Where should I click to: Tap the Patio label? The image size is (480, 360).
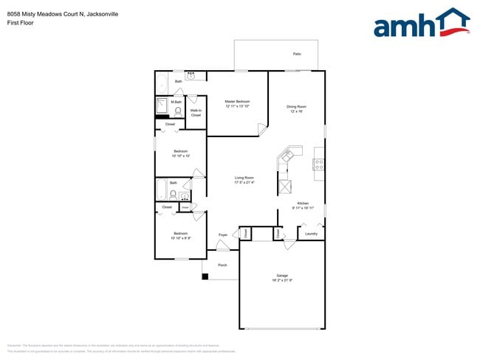pyautogui.click(x=297, y=54)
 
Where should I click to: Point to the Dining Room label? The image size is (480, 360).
pyautogui.click(x=296, y=107)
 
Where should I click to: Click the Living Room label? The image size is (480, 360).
pyautogui.click(x=244, y=178)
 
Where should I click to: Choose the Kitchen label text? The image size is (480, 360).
pyautogui.click(x=303, y=204)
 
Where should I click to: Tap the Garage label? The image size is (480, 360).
pyautogui.click(x=281, y=276)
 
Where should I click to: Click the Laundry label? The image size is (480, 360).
pyautogui.click(x=311, y=235)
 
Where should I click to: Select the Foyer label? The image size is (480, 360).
pyautogui.click(x=223, y=235)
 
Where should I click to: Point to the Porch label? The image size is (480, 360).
pyautogui.click(x=222, y=265)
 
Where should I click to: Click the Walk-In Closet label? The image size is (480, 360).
pyautogui.click(x=196, y=113)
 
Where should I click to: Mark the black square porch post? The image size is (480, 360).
pyautogui.click(x=206, y=277)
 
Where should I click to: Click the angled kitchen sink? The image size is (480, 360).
pyautogui.click(x=287, y=156)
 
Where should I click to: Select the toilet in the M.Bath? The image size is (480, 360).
pyautogui.click(x=178, y=111)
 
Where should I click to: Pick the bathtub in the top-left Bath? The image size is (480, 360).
pyautogui.click(x=163, y=85)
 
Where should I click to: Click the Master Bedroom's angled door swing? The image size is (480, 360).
pyautogui.click(x=261, y=130)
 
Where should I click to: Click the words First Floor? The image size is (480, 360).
pyautogui.click(x=21, y=22)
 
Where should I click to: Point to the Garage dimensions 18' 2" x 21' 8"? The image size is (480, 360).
pyautogui.click(x=281, y=281)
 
